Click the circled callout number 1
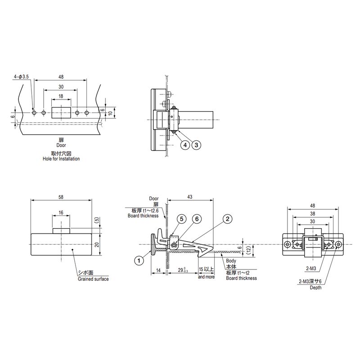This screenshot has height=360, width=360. (139, 261)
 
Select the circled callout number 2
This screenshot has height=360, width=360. (228, 219)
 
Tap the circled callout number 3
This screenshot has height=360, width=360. (196, 145)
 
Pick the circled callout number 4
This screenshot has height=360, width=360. (185, 145)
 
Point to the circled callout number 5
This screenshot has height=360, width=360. (182, 219)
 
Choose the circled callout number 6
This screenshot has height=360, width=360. (197, 219)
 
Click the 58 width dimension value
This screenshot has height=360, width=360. (61, 197)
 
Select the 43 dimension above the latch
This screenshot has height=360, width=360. (189, 197)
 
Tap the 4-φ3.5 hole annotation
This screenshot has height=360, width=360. (21, 76)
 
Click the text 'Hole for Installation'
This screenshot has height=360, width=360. (61, 159)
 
